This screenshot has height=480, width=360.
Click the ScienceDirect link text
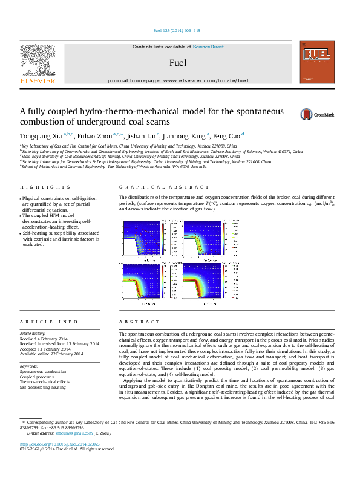(x=208, y=47)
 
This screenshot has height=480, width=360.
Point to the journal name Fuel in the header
(x=177, y=63)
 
